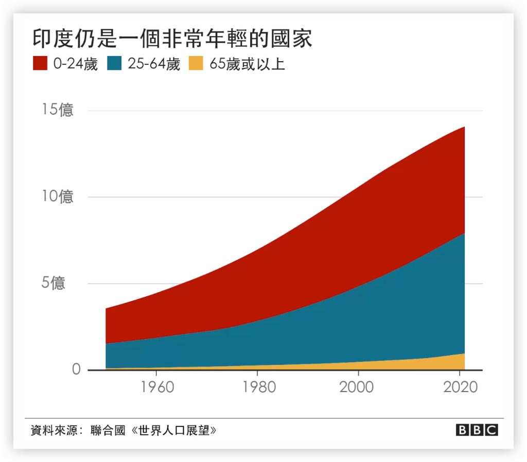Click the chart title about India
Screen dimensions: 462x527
[172, 38]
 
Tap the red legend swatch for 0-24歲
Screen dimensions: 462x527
[40, 64]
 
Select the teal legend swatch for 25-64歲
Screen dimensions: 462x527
[114, 64]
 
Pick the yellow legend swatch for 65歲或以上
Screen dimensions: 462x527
[197, 64]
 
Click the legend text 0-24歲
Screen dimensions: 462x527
[75, 65]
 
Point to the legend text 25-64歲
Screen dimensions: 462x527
[153, 65]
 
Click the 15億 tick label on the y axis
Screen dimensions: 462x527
[57, 111]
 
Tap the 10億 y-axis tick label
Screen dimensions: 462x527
[57, 197]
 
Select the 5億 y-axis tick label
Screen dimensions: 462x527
[54, 283]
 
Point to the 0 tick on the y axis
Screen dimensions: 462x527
[76, 370]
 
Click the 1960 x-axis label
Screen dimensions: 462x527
[157, 387]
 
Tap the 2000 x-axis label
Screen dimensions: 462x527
[357, 387]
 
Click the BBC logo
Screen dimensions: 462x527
[476, 430]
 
